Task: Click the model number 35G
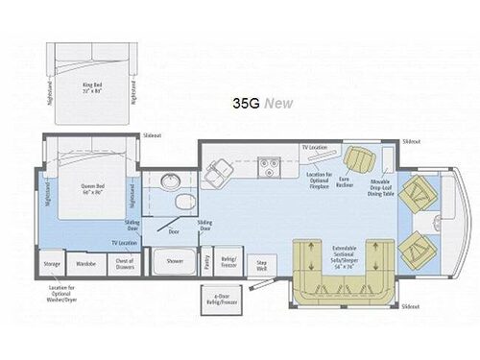[x=245, y=103]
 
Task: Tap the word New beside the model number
[x=278, y=103]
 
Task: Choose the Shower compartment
[x=175, y=259]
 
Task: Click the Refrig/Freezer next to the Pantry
[x=229, y=259]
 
